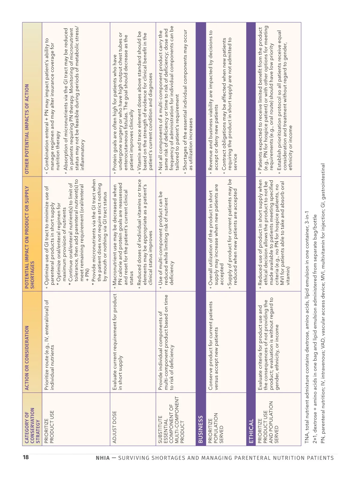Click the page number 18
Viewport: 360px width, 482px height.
coord(26,457)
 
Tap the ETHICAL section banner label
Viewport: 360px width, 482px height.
coord(251,431)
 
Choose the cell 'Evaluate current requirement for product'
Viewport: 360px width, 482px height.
coord(117,342)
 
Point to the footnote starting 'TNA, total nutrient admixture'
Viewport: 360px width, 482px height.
coord(307,327)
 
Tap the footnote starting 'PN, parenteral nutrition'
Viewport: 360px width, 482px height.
coord(323,303)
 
